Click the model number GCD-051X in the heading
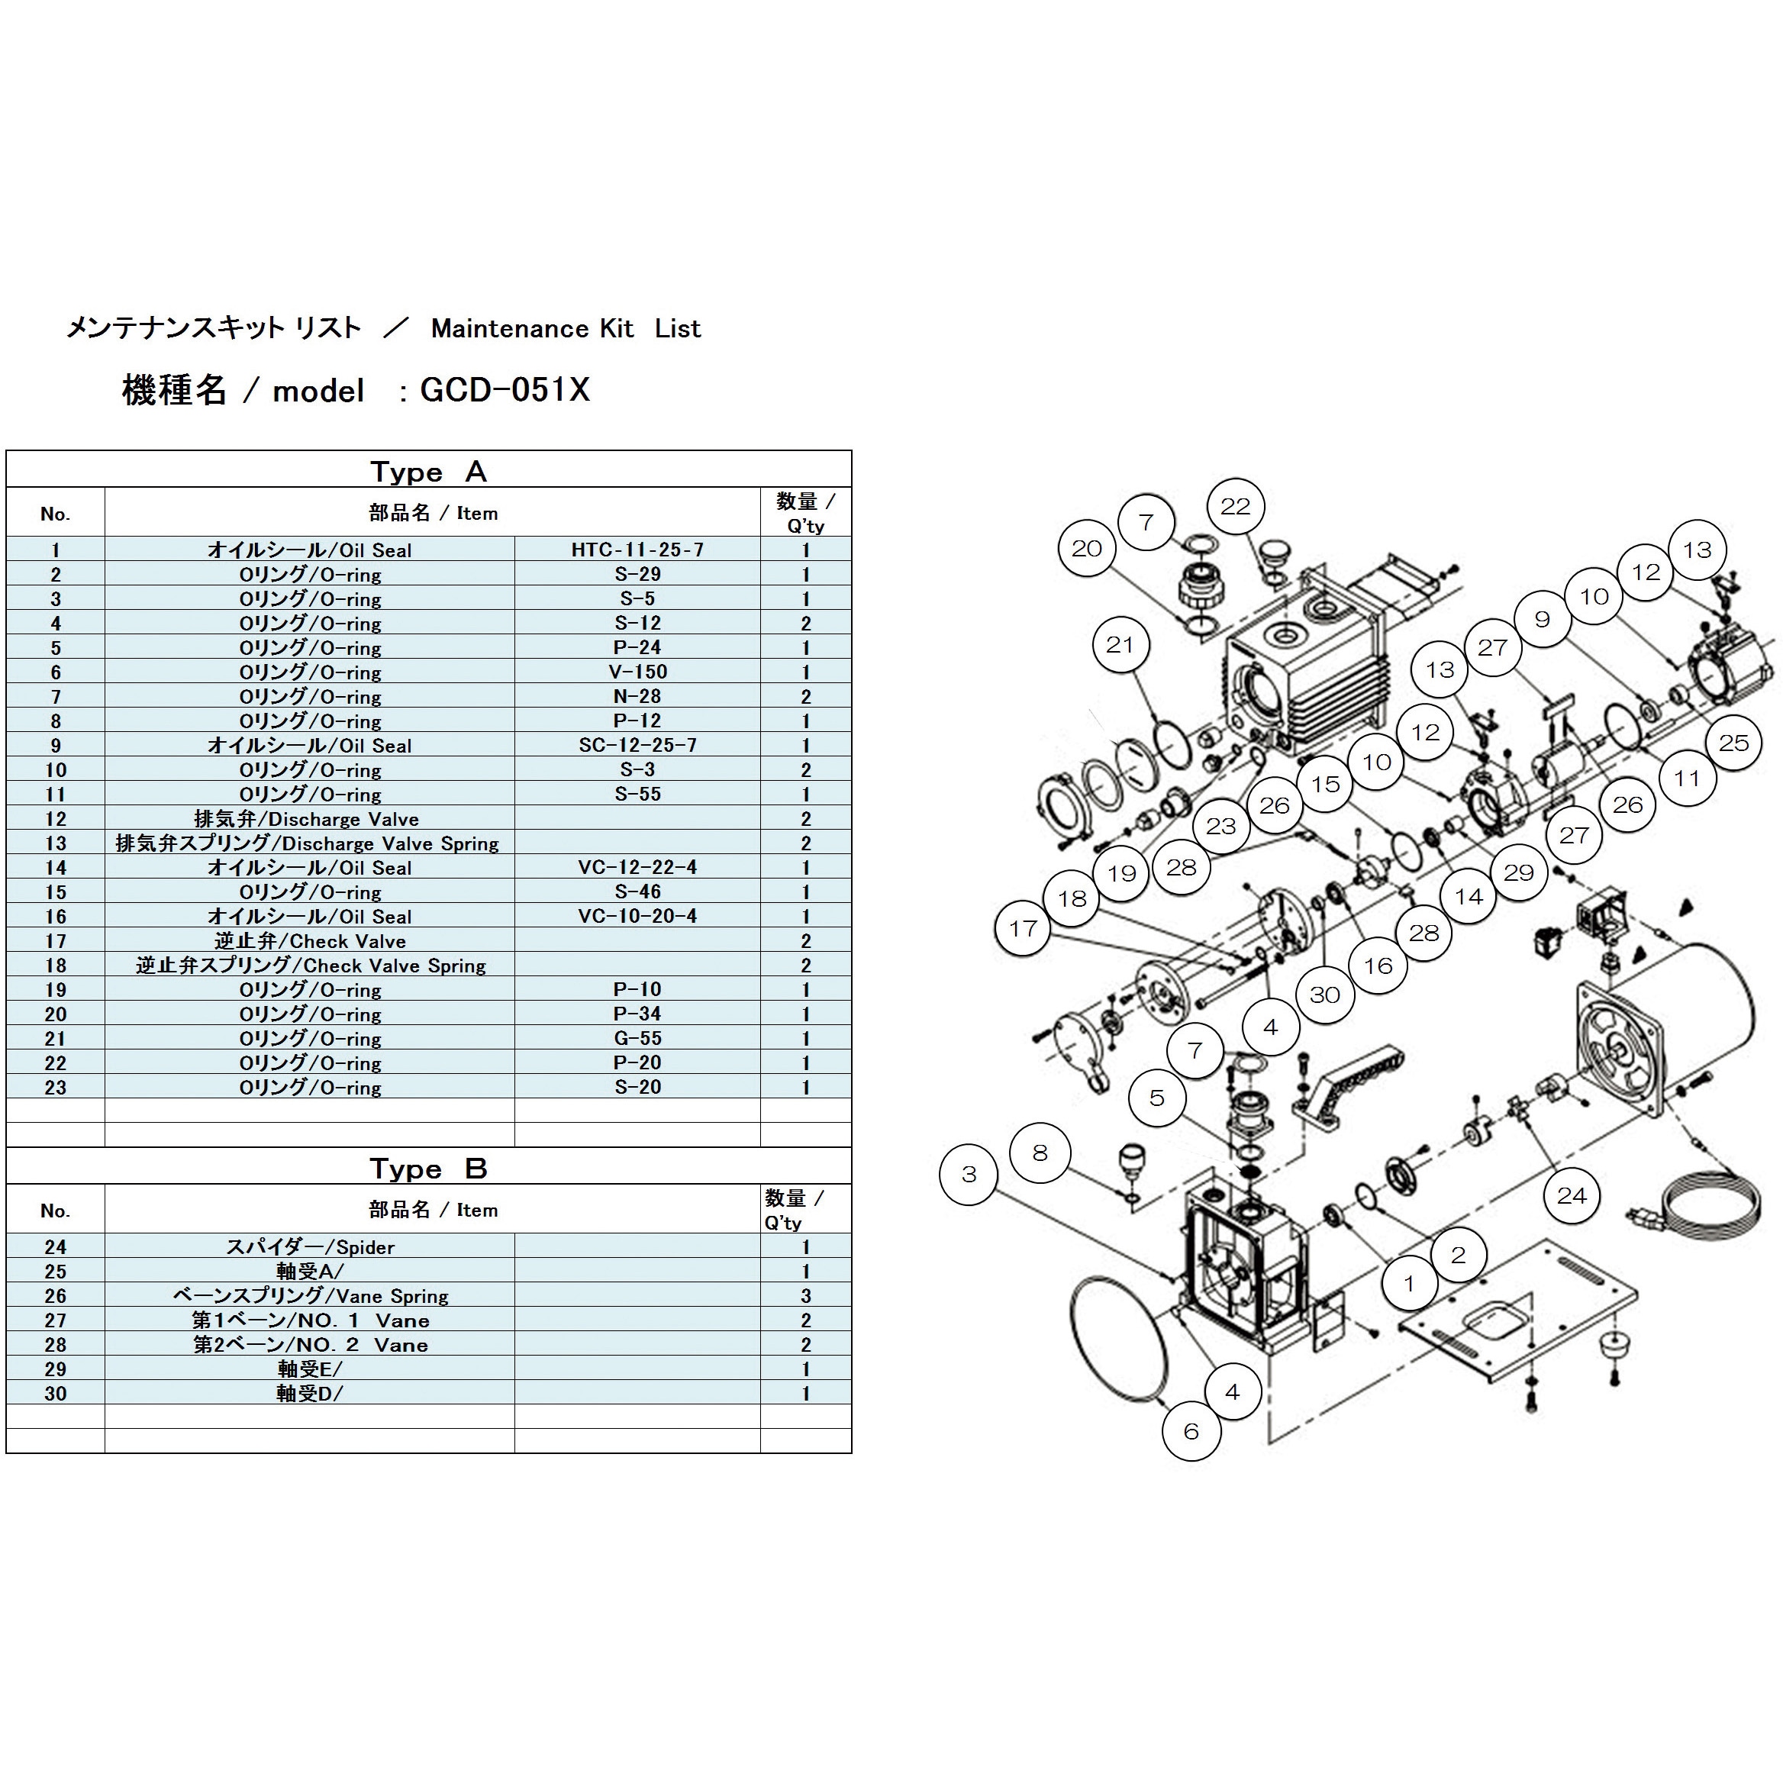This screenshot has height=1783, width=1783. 505,390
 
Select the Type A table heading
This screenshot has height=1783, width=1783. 428,472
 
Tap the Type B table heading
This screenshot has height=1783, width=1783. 428,1169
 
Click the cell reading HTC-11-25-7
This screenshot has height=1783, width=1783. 637,550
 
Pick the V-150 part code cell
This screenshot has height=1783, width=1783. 637,672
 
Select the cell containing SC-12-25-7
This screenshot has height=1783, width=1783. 637,745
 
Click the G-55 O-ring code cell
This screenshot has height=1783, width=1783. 637,1038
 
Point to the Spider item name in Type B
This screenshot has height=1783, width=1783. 311,1247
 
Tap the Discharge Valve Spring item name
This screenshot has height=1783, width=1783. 308,843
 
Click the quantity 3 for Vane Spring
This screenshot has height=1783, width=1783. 806,1296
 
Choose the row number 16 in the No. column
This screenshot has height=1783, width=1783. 56,917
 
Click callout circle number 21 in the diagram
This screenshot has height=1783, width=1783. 1120,644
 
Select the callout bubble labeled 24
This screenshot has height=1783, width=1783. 1572,1196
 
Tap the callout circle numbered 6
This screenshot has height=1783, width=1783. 1191,1431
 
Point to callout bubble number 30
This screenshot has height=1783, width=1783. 1324,995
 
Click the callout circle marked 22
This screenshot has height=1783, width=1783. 1235,506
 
